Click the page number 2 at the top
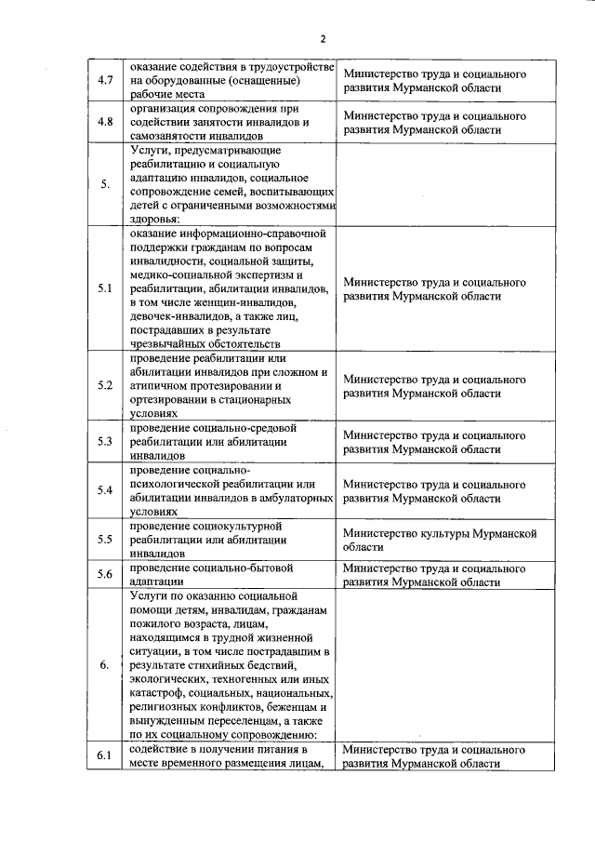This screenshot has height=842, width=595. tap(322, 38)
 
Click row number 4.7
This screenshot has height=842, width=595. tap(105, 81)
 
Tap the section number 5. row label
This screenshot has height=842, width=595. tap(105, 182)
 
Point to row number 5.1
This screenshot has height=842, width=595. tap(105, 288)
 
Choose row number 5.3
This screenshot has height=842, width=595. tap(105, 442)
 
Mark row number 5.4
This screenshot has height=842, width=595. tap(105, 490)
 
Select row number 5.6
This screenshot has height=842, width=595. tap(105, 573)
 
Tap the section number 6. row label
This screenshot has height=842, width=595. tap(105, 664)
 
